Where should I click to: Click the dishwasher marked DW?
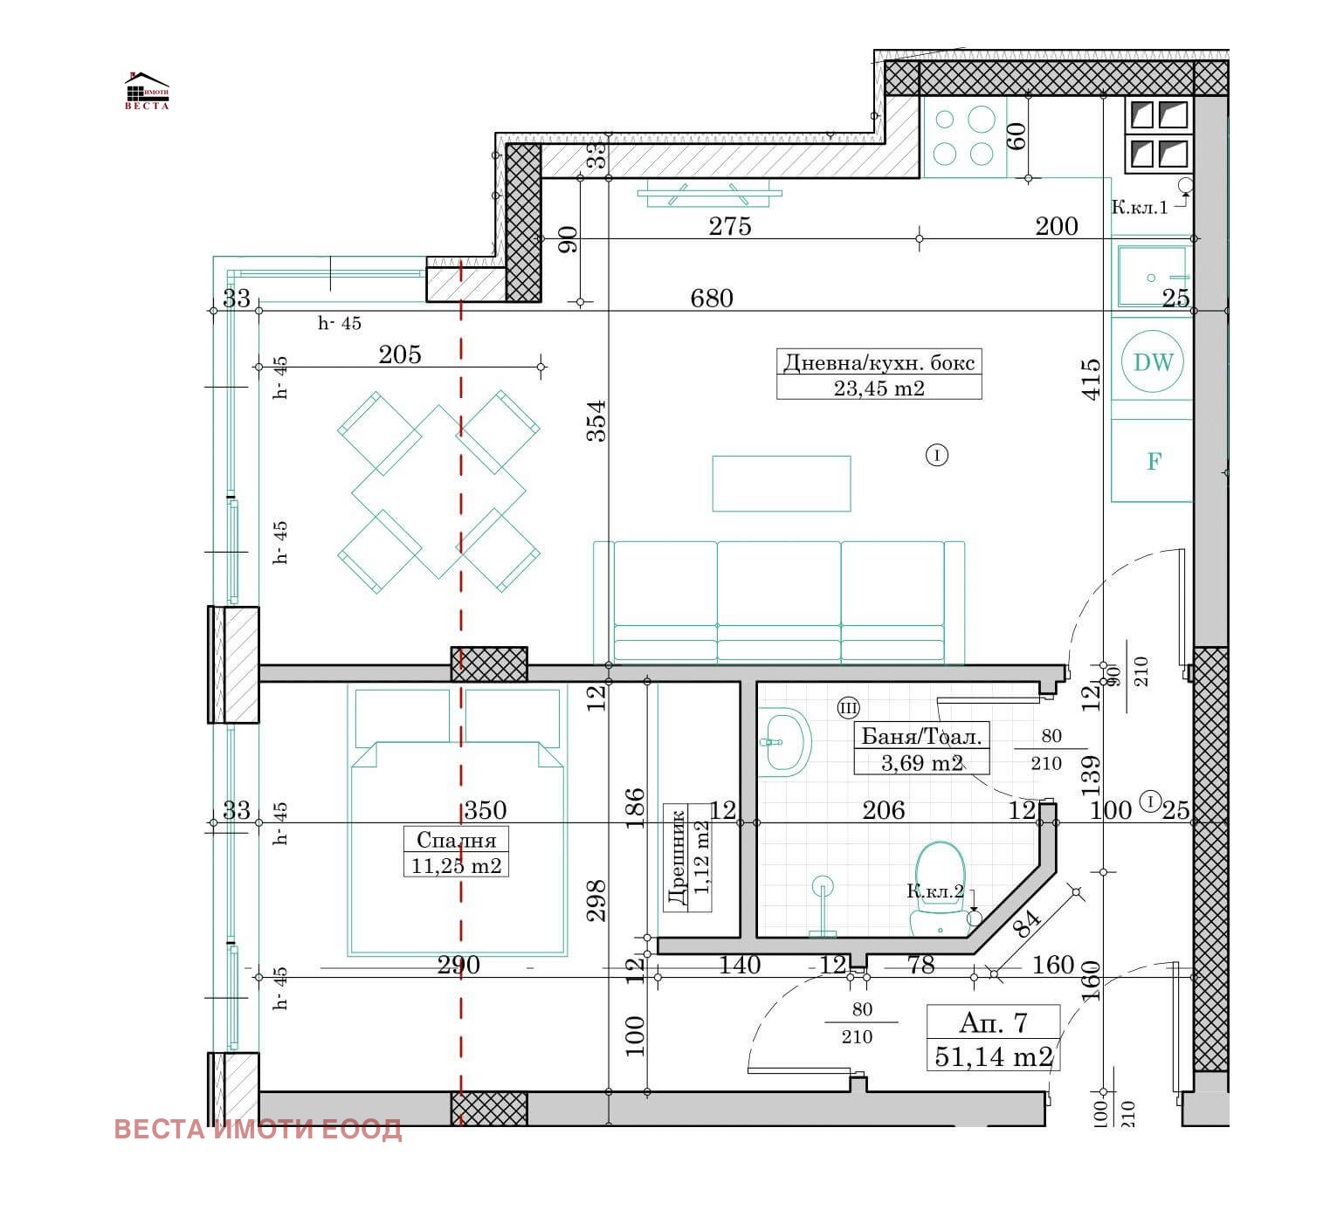[1153, 361]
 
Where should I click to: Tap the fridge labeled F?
[1153, 461]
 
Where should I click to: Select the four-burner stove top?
[963, 136]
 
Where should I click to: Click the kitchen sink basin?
[1152, 276]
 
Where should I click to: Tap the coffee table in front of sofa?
[781, 483]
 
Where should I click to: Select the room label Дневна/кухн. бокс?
[879, 362]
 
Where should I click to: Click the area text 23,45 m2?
[879, 388]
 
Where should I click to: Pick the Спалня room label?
[456, 840]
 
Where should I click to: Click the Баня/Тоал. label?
[921, 736]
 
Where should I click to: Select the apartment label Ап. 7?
[993, 1022]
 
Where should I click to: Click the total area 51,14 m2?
[993, 1056]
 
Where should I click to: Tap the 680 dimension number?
[711, 299]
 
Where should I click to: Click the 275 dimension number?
[729, 226]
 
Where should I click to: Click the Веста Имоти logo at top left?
[147, 91]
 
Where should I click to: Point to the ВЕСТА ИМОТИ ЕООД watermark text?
[258, 1129]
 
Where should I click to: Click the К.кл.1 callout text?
[1139, 207]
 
